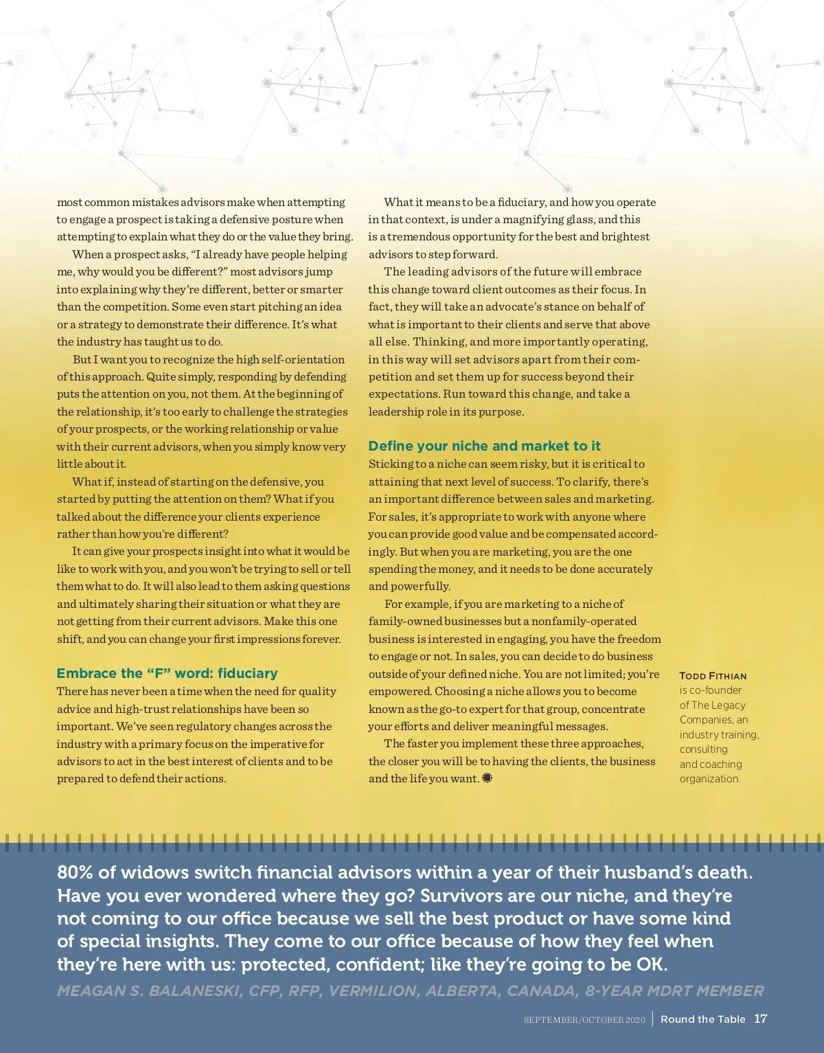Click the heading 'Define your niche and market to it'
(x=484, y=446)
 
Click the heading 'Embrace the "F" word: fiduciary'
(x=167, y=673)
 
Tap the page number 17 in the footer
(x=760, y=1019)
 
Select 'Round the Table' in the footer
(x=702, y=1019)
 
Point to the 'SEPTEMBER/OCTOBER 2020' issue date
(x=584, y=1020)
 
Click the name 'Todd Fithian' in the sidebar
(x=713, y=676)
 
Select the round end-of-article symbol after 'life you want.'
(x=488, y=778)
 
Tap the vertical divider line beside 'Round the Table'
(x=652, y=1018)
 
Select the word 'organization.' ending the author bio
(x=709, y=778)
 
